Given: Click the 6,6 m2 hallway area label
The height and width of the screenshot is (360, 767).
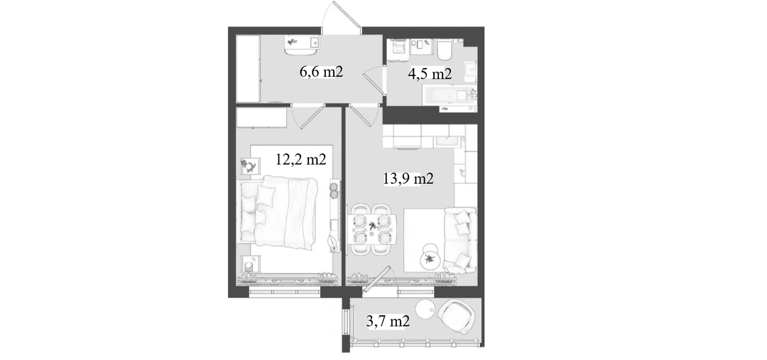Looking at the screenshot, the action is tap(321, 72).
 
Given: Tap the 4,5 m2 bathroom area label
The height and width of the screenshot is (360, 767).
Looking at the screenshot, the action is tap(430, 74).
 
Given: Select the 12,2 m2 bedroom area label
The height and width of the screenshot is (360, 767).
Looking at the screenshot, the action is tap(301, 160).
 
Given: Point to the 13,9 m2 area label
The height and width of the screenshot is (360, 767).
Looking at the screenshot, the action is tap(408, 179).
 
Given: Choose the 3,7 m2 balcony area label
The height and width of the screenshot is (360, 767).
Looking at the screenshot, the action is tap(388, 322).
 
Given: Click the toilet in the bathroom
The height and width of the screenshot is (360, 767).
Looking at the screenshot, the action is tap(445, 49).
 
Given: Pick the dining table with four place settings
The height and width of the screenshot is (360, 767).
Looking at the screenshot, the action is tap(373, 229).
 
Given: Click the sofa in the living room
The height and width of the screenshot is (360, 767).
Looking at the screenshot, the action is tap(459, 240).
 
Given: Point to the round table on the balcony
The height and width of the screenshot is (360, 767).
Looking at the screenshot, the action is tap(425, 308).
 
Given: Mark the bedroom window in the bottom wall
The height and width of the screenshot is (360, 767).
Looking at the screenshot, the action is tap(285, 292).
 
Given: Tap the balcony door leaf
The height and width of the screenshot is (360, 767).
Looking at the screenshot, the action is tap(378, 280).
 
